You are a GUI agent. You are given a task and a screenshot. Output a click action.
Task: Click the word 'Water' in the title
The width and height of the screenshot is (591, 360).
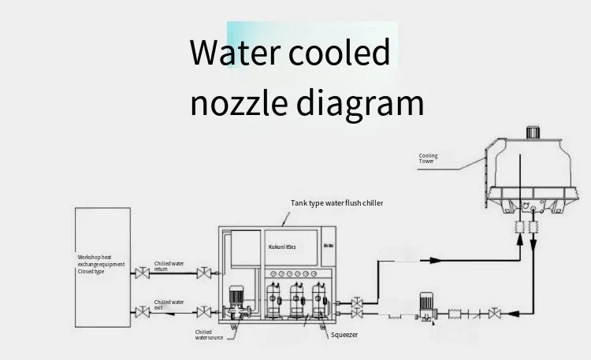tap(233, 54)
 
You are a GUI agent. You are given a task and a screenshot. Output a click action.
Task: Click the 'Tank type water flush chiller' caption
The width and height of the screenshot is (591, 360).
tap(336, 203)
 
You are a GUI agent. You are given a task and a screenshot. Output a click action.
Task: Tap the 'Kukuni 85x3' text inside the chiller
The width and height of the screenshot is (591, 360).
tap(281, 247)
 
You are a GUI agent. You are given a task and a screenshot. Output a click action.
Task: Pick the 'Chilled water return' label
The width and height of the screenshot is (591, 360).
tap(169, 266)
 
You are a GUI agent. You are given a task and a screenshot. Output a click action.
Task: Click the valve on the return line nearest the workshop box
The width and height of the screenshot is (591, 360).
tap(142, 274)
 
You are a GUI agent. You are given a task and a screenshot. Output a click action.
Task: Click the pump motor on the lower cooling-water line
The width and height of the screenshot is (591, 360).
tap(426, 301)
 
